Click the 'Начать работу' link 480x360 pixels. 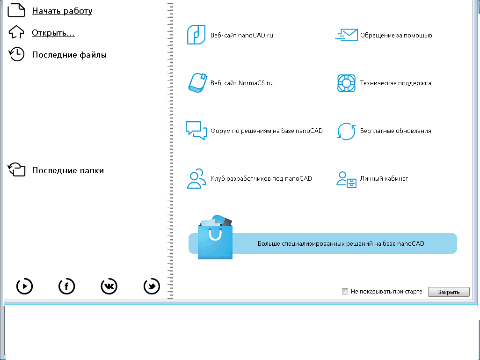point(62,11)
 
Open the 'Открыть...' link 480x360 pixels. point(53,33)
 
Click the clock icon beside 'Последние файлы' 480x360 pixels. point(17,55)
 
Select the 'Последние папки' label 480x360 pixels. point(68,170)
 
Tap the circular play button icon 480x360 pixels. point(24,286)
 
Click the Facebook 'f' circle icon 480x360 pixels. point(66,286)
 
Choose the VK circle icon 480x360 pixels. point(109,286)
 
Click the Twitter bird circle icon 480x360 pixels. point(152,286)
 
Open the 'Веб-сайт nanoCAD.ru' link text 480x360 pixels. point(241,35)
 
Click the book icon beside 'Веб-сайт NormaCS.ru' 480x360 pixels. point(196,83)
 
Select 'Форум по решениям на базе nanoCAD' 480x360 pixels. point(267,131)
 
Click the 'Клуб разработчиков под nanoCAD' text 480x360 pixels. point(261,178)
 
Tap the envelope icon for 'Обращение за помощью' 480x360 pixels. point(346,35)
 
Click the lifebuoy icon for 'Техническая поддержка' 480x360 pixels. point(346,83)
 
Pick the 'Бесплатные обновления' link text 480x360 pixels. point(395,131)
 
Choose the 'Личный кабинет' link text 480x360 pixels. point(384,178)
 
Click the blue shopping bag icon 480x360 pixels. point(215,239)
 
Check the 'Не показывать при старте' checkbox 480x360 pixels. point(345,292)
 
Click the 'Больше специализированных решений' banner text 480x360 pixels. point(341,243)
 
